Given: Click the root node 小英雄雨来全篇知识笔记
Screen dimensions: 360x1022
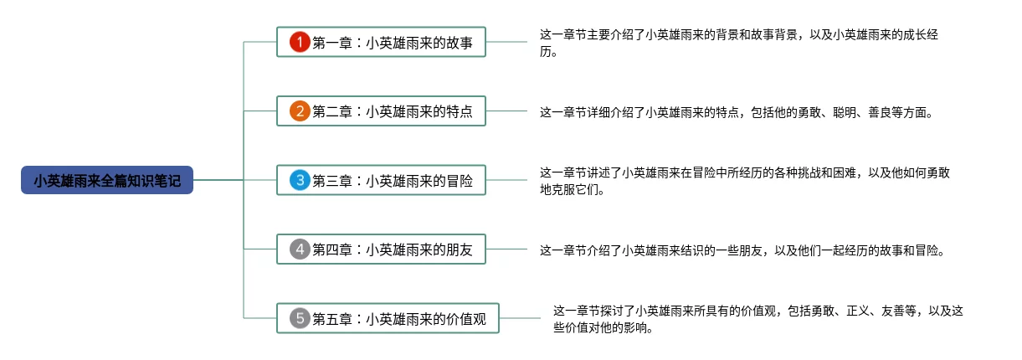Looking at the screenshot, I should [107, 180].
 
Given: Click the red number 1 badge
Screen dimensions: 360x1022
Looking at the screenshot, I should [300, 42].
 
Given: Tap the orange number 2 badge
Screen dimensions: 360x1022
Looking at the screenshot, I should [300, 111].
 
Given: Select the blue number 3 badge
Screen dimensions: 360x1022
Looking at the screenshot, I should [300, 180].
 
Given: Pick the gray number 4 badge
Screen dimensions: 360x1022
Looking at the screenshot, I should [300, 249].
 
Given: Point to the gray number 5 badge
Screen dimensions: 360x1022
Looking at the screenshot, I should [300, 318].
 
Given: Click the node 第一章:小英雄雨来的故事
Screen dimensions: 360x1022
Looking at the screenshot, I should [392, 42].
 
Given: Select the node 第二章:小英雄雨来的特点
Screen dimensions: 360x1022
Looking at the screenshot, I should [392, 111].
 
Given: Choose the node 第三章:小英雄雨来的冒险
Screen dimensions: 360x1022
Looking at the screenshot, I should [392, 180].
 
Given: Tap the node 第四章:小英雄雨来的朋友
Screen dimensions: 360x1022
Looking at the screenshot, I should [392, 249].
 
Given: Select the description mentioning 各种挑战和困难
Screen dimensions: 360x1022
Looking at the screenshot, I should [744, 180].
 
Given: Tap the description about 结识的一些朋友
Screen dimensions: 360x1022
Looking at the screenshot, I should [742, 249].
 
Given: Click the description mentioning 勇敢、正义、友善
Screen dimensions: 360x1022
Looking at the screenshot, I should [758, 318].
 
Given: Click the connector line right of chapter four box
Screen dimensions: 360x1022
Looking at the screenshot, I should [506, 249].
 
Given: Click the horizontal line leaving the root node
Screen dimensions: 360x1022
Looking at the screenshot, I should [218, 180].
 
